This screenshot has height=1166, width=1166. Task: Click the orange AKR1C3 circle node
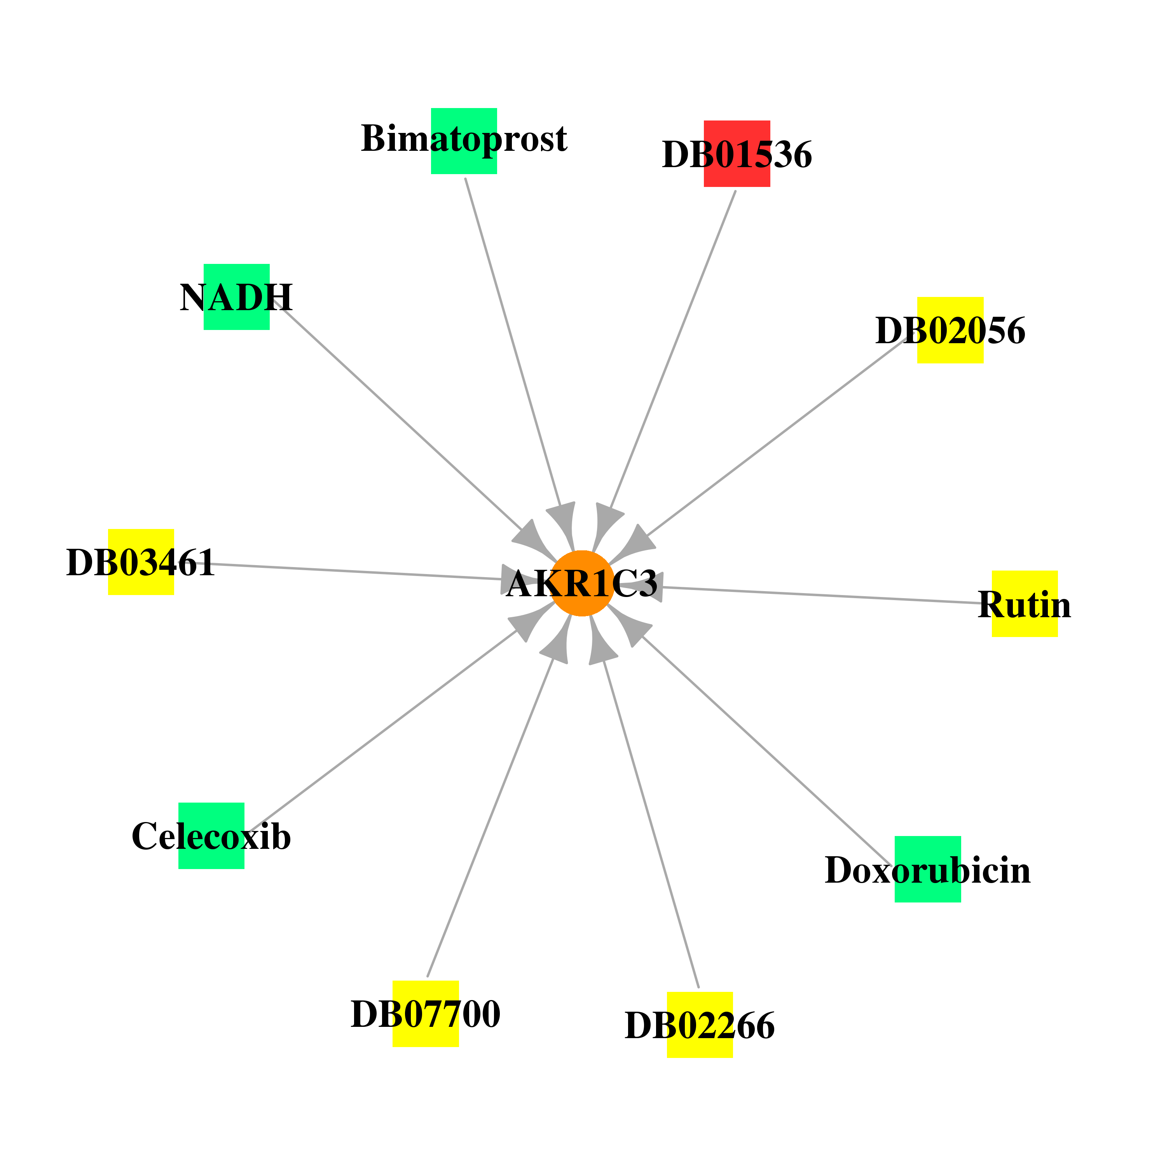(x=582, y=584)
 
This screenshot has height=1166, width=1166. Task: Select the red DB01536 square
(x=737, y=154)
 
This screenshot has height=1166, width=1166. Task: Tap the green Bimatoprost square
(x=464, y=141)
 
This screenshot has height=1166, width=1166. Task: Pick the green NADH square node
(x=237, y=297)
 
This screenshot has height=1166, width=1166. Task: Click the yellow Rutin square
(x=1025, y=604)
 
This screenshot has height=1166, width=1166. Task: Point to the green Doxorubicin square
(x=928, y=869)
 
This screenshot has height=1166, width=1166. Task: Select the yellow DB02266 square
(x=700, y=1025)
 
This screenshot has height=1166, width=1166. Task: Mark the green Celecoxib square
(x=211, y=836)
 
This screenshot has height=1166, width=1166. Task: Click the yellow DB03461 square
(x=141, y=562)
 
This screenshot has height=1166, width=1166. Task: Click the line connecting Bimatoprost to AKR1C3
(x=513, y=341)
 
